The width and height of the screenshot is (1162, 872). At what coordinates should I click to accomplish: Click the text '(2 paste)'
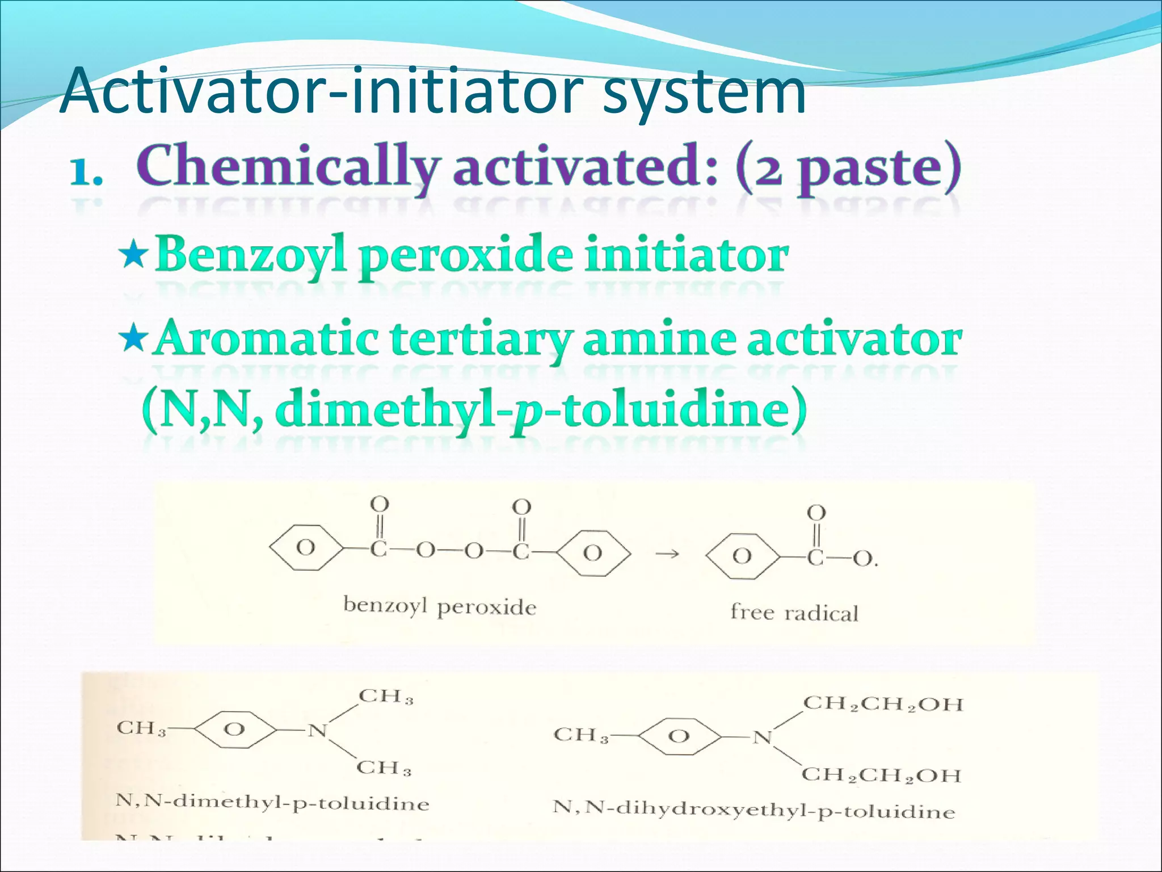pyautogui.click(x=848, y=167)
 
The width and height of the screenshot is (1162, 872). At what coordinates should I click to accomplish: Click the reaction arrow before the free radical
pyautogui.click(x=667, y=554)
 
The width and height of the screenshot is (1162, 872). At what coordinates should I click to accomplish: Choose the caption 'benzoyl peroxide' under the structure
pyautogui.click(x=440, y=606)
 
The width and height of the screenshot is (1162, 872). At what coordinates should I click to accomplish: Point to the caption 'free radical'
pyautogui.click(x=794, y=613)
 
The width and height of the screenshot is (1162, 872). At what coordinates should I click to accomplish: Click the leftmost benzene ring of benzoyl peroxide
pyautogui.click(x=306, y=548)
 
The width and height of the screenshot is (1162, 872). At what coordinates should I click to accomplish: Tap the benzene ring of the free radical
pyautogui.click(x=742, y=556)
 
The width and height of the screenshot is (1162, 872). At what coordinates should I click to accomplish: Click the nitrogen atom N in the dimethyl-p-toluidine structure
pyautogui.click(x=318, y=731)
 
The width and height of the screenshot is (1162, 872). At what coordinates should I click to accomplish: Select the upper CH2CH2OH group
pyautogui.click(x=883, y=704)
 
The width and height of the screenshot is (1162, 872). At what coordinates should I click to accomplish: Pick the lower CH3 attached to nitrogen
pyautogui.click(x=384, y=768)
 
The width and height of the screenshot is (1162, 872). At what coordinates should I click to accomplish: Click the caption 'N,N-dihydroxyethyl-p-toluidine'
pyautogui.click(x=754, y=808)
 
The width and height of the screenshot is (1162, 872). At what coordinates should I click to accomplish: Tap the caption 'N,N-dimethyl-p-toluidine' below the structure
pyautogui.click(x=272, y=802)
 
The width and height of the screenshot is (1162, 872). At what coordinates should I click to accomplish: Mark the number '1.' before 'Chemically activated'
pyautogui.click(x=86, y=171)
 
